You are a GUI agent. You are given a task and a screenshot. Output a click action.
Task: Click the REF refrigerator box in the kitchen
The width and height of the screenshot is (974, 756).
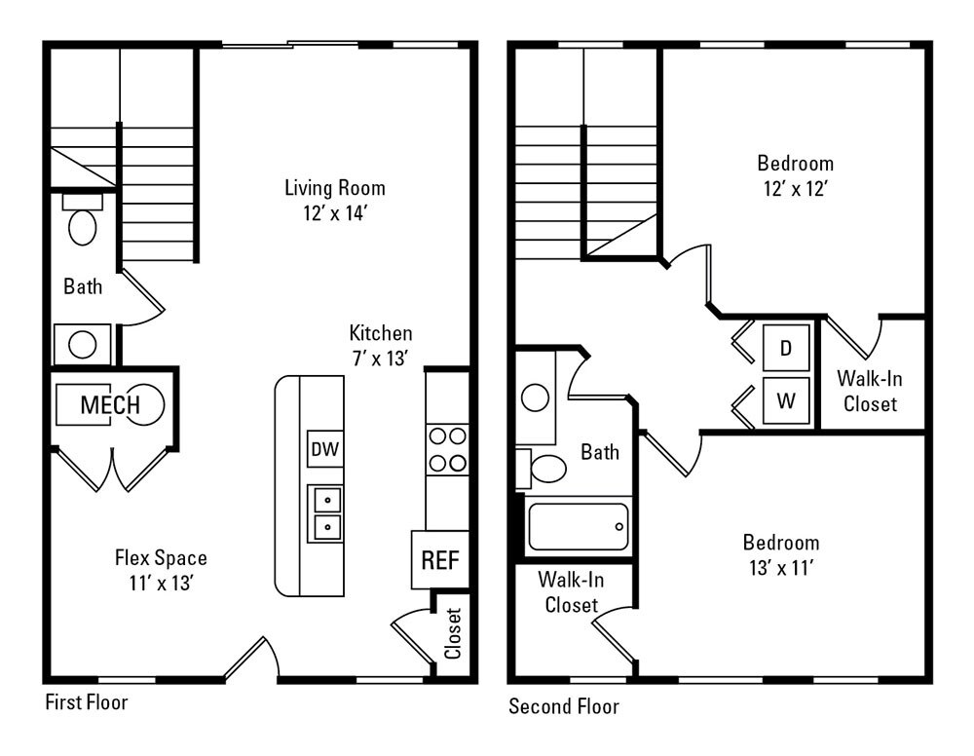(x=440, y=560)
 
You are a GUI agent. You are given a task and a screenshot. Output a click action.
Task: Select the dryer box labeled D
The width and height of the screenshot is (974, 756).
(x=785, y=349)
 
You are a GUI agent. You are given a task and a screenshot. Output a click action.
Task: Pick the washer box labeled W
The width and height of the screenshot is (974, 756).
(x=785, y=399)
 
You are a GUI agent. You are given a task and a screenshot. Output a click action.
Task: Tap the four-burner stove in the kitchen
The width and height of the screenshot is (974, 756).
(x=447, y=449)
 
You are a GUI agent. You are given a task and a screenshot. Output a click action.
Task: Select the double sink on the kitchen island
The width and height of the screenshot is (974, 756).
(x=325, y=513)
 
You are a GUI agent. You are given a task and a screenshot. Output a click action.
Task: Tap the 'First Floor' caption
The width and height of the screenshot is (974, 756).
(x=87, y=701)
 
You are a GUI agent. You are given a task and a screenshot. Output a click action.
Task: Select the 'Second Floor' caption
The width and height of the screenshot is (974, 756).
(x=563, y=706)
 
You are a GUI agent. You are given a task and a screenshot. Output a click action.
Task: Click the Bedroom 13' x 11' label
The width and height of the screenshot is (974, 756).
(x=780, y=555)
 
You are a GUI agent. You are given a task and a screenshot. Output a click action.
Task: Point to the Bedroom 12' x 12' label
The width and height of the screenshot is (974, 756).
(x=795, y=175)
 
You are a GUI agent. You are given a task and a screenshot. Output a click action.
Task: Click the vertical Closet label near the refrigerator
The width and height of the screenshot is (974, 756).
(x=453, y=633)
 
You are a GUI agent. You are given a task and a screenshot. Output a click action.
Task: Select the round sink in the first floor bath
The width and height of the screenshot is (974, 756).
(x=82, y=344)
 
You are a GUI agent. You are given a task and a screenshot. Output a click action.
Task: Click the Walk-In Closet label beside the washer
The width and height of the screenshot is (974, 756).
(x=870, y=390)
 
